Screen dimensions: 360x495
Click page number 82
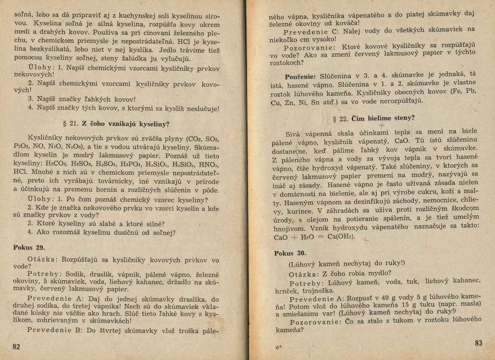coord(16,346)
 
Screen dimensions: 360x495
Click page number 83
coord(478,343)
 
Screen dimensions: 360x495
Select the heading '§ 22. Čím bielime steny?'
coord(374,118)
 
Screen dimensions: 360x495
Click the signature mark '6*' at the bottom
coord(278,347)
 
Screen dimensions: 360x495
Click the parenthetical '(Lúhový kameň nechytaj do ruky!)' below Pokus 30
coord(346,263)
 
